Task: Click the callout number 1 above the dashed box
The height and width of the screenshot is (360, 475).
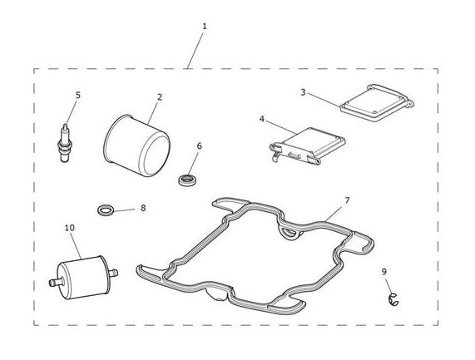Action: coord(205,27)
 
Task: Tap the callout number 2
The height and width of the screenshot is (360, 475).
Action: coord(160,97)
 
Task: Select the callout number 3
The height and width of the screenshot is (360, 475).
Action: coord(303,92)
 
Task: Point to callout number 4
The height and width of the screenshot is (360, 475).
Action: coord(262,119)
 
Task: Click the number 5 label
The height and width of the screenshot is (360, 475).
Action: coord(78,95)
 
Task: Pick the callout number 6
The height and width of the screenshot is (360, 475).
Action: coord(199,146)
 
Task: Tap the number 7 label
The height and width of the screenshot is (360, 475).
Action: coord(347,200)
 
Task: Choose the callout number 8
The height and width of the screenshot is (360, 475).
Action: coord(143,208)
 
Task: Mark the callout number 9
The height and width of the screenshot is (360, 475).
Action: coord(384,272)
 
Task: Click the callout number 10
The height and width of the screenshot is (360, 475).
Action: coord(70,228)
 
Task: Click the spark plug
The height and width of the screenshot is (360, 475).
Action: coord(65,143)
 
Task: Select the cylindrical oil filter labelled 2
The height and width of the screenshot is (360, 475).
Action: coord(136,145)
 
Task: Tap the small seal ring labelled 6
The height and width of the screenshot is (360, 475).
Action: coord(187,180)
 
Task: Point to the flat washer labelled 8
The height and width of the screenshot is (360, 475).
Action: coord(106,210)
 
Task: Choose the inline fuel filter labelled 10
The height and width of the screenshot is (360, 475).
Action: coord(83,277)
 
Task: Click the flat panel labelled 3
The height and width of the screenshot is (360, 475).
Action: coord(377,103)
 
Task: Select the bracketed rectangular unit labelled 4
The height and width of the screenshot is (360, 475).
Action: coord(307,145)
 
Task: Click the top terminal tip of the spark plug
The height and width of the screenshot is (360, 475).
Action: coord(65,125)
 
